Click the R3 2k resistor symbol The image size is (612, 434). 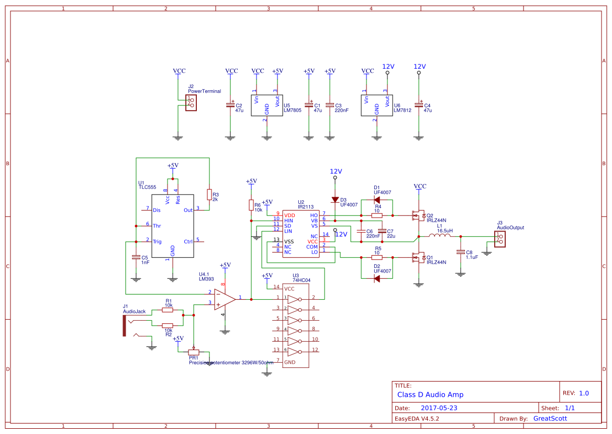tap(209, 195)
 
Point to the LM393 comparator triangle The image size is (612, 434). tap(225, 299)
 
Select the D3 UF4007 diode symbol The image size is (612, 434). tap(335, 200)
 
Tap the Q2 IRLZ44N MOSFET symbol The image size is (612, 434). tap(418, 215)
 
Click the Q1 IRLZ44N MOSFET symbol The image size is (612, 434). tap(418, 257)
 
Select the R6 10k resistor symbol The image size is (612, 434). tap(251, 205)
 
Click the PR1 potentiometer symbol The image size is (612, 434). tap(194, 352)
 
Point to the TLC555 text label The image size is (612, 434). tap(147, 187)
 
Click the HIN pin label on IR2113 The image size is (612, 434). tap(288, 221)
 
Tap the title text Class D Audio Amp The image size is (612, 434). tap(430, 395)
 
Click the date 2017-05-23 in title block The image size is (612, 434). tap(439, 408)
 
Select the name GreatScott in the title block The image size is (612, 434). tap(550, 418)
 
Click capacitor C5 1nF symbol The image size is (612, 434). tap(136, 257)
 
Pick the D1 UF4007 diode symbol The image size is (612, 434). tap(376, 200)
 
